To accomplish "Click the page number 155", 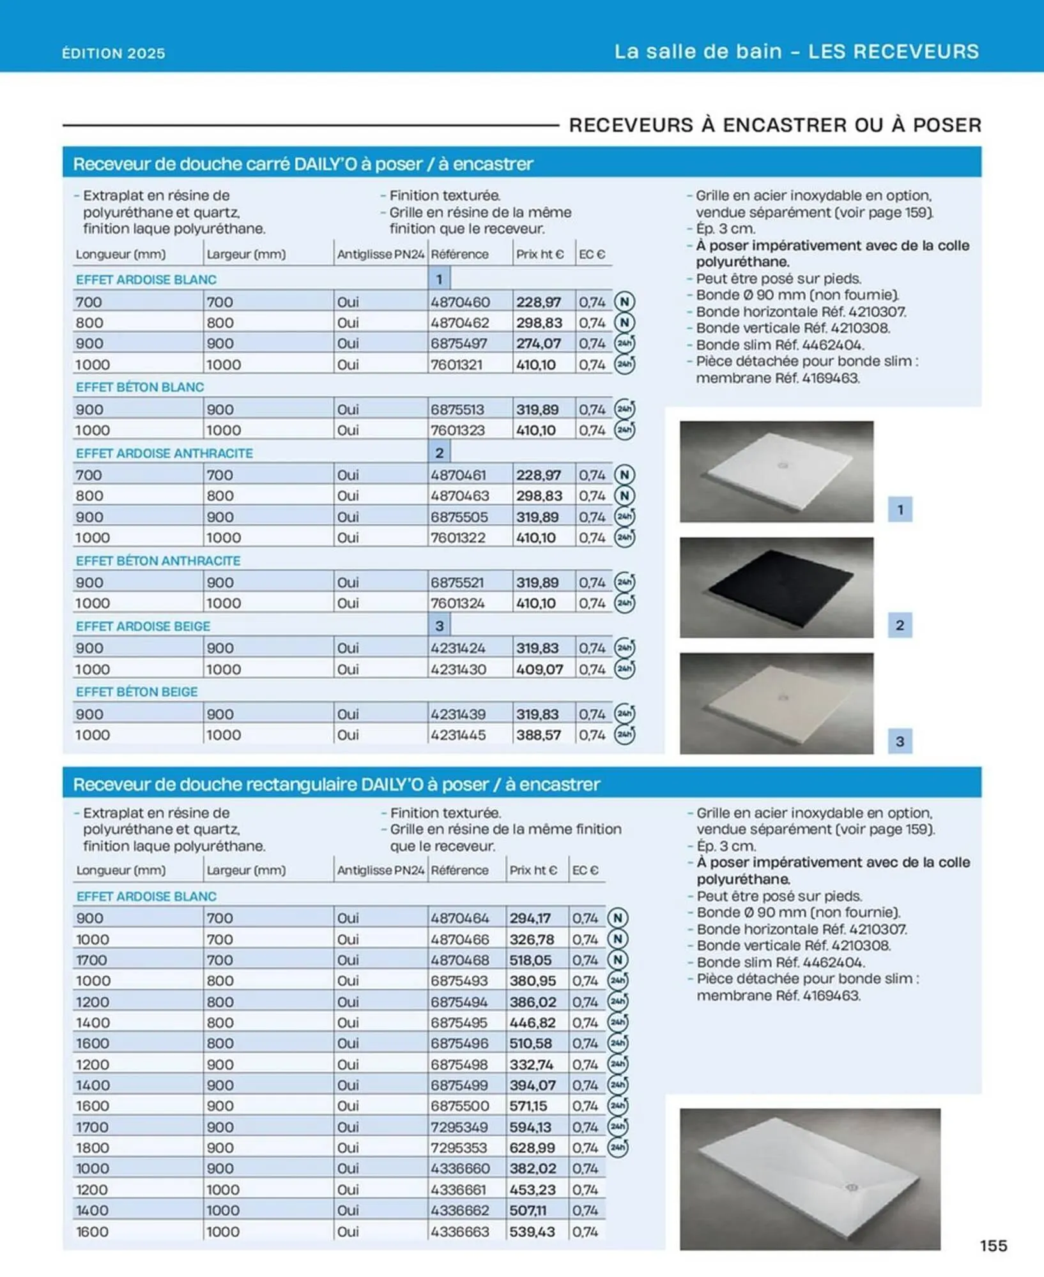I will (x=993, y=1245).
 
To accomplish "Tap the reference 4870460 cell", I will (x=459, y=302).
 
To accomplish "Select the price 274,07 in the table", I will (x=538, y=344).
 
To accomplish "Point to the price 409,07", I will (x=539, y=669).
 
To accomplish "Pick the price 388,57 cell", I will (x=538, y=735).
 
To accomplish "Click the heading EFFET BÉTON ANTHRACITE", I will (x=158, y=561).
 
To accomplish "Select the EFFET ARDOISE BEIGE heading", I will (x=142, y=626).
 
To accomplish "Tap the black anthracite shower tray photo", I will (x=776, y=587).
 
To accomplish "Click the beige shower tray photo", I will (x=776, y=703).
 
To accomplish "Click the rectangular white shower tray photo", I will (x=810, y=1179).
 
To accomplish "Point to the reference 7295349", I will (x=459, y=1127).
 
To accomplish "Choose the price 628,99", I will (x=532, y=1148).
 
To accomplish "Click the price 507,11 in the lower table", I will (x=528, y=1211).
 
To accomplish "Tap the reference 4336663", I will (x=459, y=1232).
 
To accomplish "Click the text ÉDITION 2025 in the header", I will (x=114, y=53).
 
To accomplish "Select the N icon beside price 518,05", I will (x=617, y=960).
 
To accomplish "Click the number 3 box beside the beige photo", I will (x=900, y=741).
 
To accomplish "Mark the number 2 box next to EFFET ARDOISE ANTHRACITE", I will (x=439, y=453).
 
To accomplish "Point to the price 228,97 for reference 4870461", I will (x=538, y=475).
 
